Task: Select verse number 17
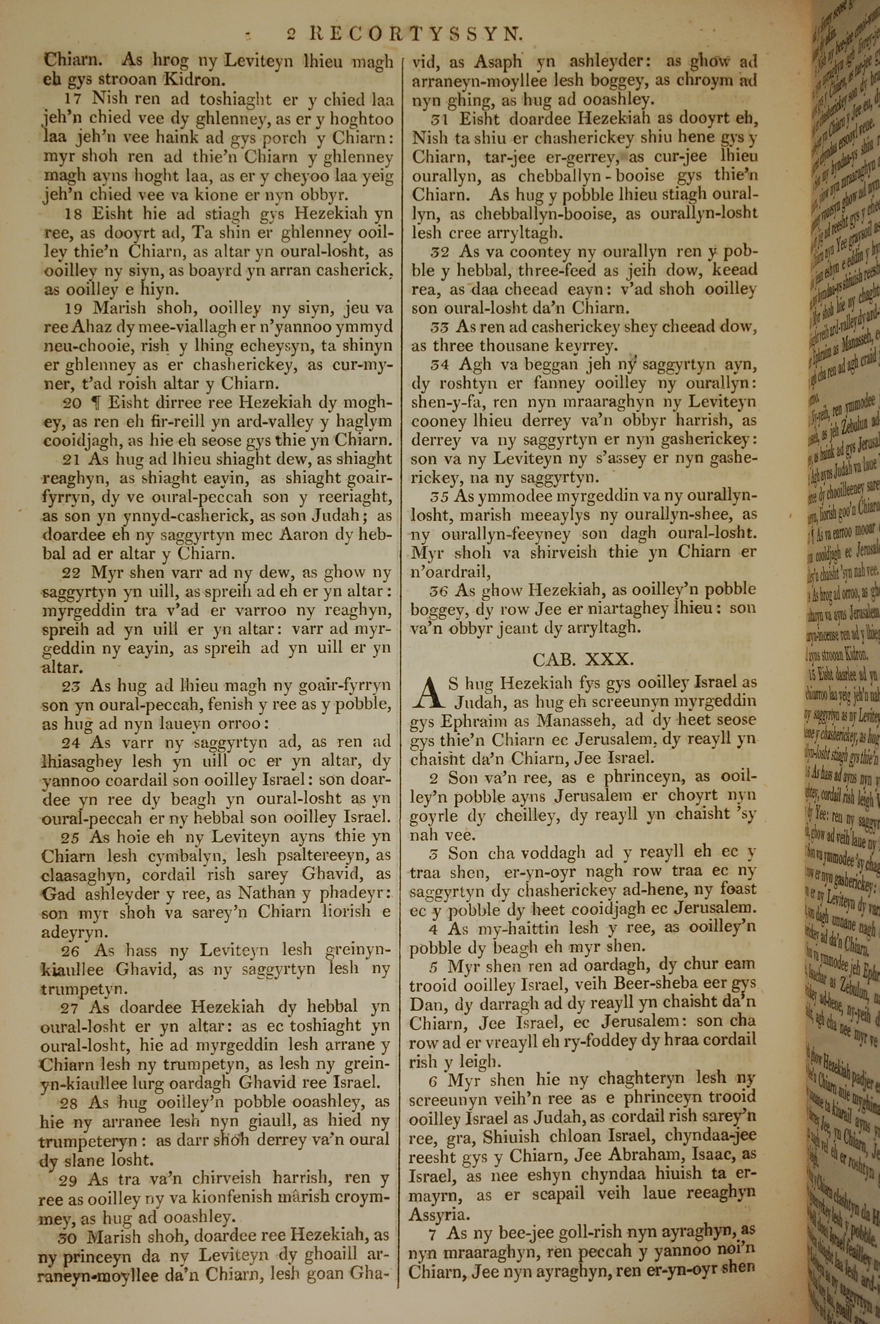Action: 74,99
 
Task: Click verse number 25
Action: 70,837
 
